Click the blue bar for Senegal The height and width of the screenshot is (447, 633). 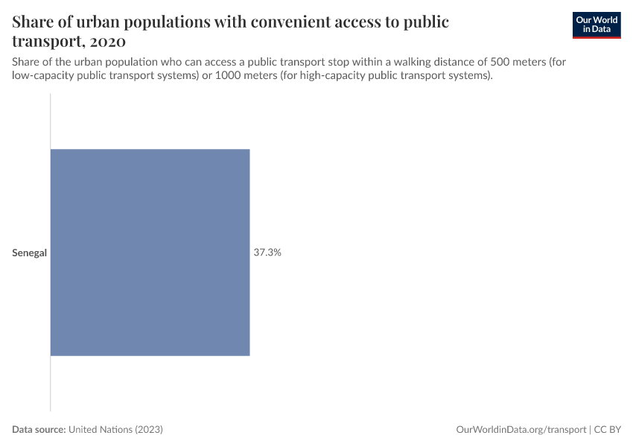point(150,253)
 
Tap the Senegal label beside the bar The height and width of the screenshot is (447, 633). point(29,253)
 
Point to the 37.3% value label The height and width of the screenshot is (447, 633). point(267,253)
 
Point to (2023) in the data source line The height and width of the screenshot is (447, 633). point(149,430)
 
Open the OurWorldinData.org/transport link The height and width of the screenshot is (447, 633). point(521,430)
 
